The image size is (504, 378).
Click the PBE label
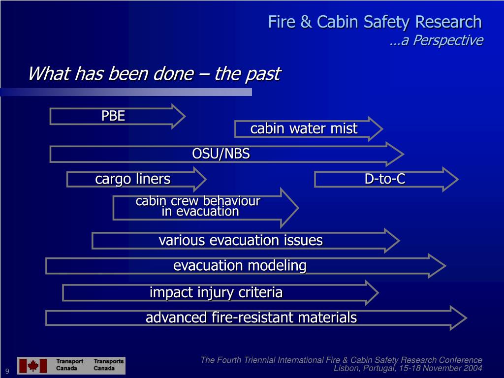[x=113, y=116]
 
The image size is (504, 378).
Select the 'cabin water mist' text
[x=304, y=129]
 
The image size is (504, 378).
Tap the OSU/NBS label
[x=221, y=154]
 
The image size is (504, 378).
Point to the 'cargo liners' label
[x=133, y=179]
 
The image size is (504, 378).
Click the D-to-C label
[x=385, y=179]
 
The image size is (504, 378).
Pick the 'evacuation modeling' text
[x=240, y=266]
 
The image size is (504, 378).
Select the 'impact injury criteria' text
[x=216, y=292]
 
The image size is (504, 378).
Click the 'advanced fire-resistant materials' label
[x=251, y=317]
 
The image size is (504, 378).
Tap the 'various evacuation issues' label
[x=241, y=241]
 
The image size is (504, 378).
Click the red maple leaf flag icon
[x=33, y=366]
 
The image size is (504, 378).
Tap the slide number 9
[x=7, y=371]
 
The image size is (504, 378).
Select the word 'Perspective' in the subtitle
[x=447, y=40]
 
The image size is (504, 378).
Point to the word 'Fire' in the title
[x=280, y=22]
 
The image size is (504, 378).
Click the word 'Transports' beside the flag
[x=109, y=361]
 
